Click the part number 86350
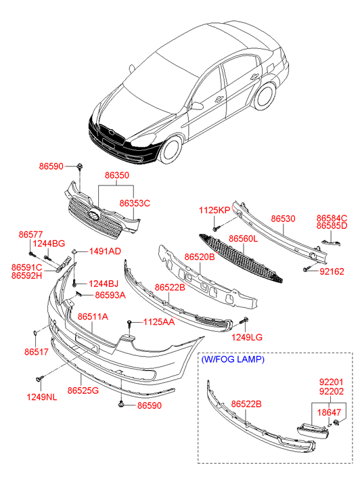point(117,175)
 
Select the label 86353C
point(135,203)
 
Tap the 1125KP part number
point(215,210)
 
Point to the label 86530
point(283,219)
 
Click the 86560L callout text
point(243,239)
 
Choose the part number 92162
point(332,271)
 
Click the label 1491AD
point(105,251)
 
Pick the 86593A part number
point(110,295)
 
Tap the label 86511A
point(93,317)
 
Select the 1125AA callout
point(159,322)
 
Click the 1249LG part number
point(247,337)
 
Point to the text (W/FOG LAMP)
point(233,359)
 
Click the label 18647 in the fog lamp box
point(329,412)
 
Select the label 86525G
point(83,390)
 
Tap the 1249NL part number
point(42,397)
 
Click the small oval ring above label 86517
point(35,333)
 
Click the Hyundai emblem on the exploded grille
point(94,215)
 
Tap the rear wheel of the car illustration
point(265,96)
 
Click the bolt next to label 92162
point(307,269)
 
